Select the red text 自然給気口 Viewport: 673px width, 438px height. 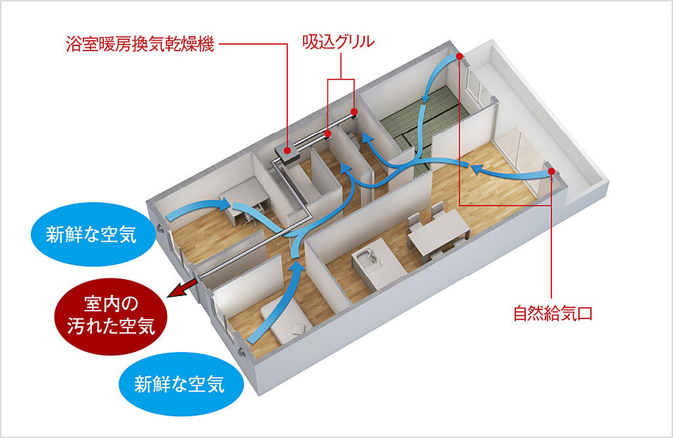pos(553,313)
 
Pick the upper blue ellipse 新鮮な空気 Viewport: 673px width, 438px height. pos(91,235)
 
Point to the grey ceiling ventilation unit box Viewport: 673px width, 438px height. pos(287,153)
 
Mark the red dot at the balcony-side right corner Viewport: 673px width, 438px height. pos(551,172)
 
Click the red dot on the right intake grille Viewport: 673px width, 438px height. pos(355,112)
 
